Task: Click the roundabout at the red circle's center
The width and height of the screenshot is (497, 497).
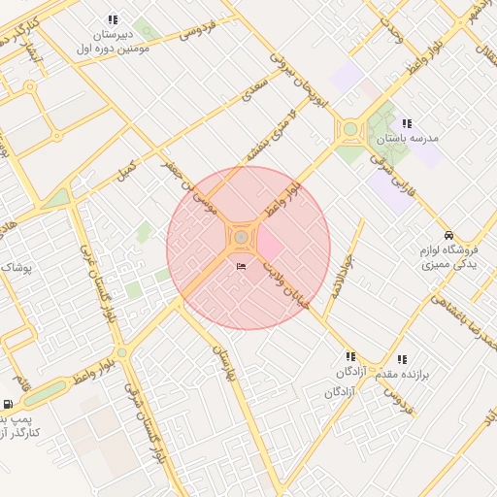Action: click(241, 237)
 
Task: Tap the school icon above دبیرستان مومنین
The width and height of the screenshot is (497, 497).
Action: click(114, 19)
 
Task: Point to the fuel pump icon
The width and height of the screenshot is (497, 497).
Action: click(9, 405)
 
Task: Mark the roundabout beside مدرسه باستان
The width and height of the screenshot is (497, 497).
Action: click(350, 129)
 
